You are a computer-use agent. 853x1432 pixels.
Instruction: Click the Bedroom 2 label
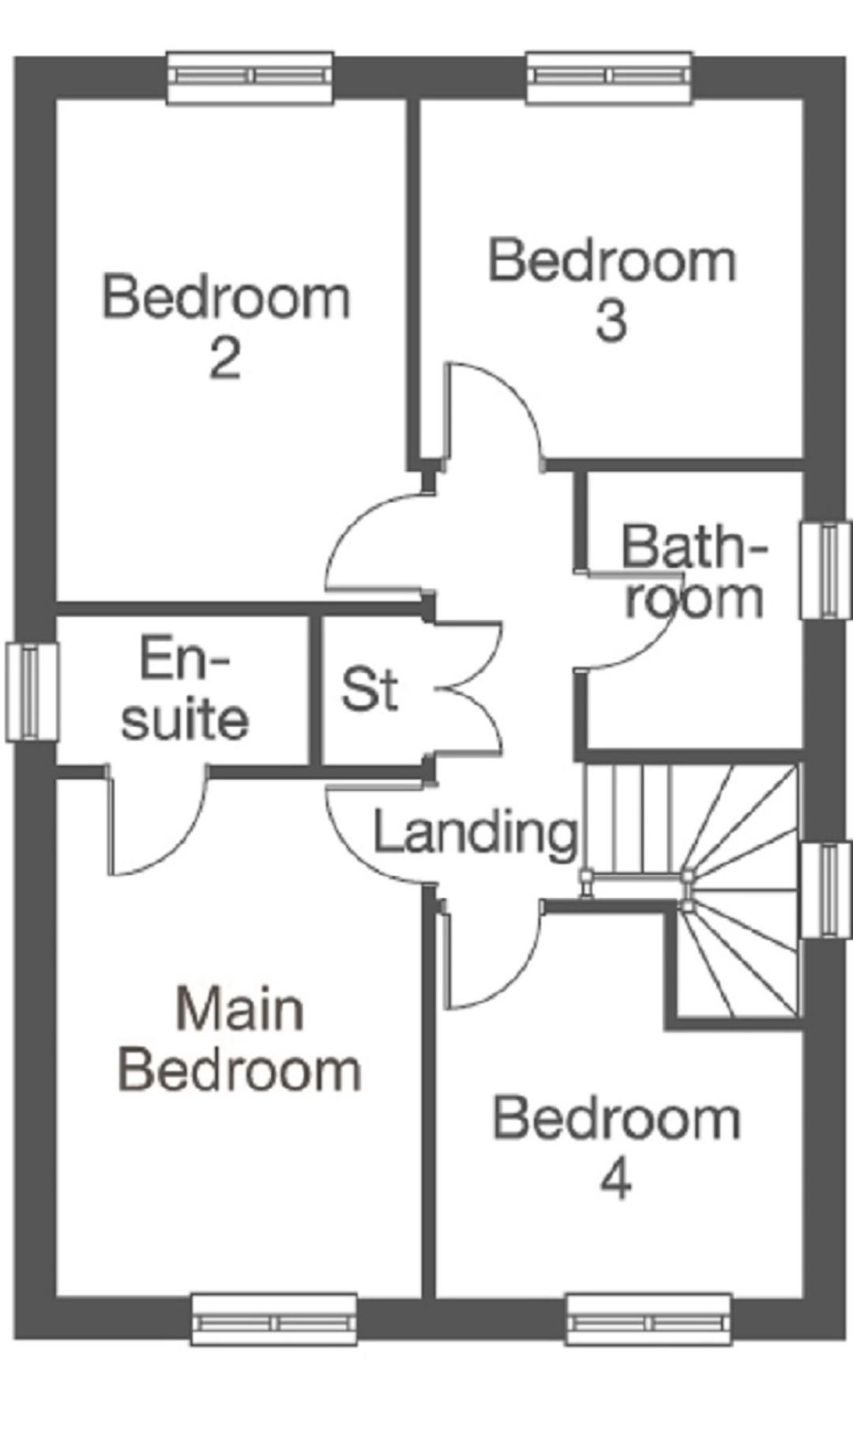point(226,326)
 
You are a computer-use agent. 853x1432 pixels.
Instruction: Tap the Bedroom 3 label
point(612,290)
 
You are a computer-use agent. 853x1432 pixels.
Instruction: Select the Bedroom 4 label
point(617,1148)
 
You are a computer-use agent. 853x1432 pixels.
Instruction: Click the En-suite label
point(185,689)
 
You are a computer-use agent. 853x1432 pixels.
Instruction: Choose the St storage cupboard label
point(369,689)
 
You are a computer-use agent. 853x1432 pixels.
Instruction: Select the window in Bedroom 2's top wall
point(250,77)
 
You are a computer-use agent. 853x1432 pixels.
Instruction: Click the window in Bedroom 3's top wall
point(609,77)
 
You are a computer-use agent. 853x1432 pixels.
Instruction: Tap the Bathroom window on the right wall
point(826,569)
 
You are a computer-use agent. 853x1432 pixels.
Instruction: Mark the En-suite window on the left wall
point(32,692)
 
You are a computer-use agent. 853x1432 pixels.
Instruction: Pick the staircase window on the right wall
point(826,890)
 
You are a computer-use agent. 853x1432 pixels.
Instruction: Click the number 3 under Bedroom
point(612,321)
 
